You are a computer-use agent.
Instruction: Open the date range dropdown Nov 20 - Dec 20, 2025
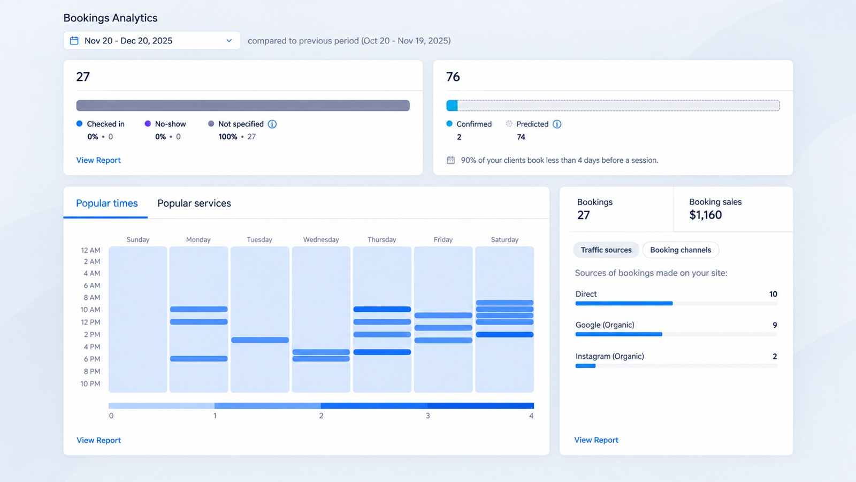click(152, 41)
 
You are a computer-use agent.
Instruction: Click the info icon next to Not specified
click(272, 124)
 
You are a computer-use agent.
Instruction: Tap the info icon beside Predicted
click(557, 124)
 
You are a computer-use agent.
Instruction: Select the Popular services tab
click(194, 203)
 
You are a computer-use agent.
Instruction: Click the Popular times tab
click(106, 203)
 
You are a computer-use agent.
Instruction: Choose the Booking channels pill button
click(681, 250)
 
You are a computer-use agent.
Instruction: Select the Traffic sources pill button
click(606, 250)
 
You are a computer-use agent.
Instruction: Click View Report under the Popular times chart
click(98, 440)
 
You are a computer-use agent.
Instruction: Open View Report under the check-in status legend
click(98, 160)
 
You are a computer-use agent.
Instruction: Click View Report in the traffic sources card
click(596, 440)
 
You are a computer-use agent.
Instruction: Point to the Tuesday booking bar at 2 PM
click(260, 340)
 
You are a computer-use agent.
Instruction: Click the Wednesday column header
click(321, 239)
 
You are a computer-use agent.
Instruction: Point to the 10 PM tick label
click(90, 383)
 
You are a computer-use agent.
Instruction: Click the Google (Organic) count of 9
click(775, 325)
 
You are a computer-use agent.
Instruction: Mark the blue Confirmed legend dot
click(449, 124)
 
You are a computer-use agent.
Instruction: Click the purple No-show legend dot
click(148, 124)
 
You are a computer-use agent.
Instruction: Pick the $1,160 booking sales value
click(706, 215)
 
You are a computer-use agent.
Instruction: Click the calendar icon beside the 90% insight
click(450, 160)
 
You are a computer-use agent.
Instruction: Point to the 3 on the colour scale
click(427, 416)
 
